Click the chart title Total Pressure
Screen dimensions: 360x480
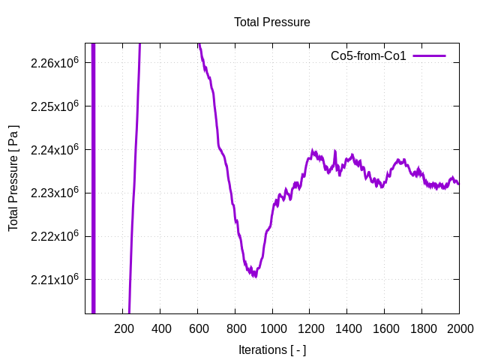(271, 22)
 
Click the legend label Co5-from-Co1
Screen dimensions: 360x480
(368, 56)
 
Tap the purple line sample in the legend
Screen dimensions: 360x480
(429, 56)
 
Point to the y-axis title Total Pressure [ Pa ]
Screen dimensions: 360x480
(13, 177)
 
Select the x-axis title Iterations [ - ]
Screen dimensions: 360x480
(271, 349)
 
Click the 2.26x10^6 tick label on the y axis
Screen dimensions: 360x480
(55, 63)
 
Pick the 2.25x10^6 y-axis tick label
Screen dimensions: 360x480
(55, 106)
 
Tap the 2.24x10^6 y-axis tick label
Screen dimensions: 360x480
(55, 150)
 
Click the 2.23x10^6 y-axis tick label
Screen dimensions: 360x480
(55, 193)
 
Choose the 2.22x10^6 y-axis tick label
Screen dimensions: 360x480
(55, 236)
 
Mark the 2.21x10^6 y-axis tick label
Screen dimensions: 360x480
(55, 280)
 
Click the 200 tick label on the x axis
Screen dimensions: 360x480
(123, 328)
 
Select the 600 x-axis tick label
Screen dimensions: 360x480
(198, 328)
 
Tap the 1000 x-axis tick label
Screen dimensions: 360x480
(272, 328)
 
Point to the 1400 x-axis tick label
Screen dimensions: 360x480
(347, 328)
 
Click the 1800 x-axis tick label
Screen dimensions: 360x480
(421, 328)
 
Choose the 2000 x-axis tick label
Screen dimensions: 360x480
(459, 328)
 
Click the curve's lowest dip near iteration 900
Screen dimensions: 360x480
(255, 275)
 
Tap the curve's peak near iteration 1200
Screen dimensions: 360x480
(313, 152)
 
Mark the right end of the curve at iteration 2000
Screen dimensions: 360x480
(458, 183)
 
